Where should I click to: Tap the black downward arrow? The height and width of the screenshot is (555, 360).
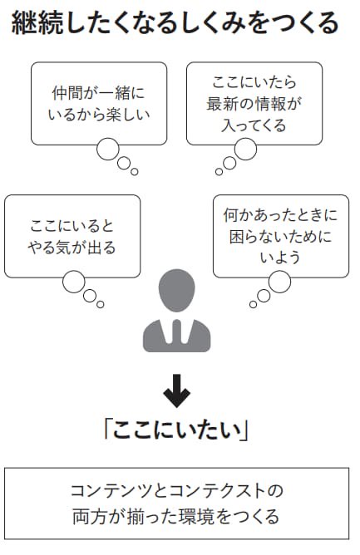click(176, 390)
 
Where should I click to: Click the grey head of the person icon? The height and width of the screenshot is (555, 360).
click(176, 290)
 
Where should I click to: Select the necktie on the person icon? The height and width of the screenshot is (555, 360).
click(177, 332)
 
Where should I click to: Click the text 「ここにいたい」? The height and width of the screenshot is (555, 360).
click(176, 430)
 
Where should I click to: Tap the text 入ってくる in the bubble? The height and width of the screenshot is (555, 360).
click(254, 125)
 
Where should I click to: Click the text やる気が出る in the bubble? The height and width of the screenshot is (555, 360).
click(72, 248)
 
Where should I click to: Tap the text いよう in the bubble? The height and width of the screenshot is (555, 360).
click(280, 258)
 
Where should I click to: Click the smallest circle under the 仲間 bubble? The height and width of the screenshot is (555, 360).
click(135, 172)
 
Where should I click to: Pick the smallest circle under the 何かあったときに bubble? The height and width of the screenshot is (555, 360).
click(253, 304)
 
